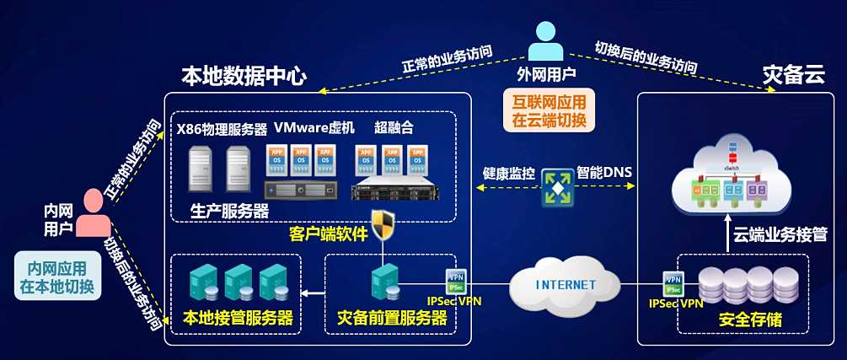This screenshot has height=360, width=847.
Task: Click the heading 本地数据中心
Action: (244, 76)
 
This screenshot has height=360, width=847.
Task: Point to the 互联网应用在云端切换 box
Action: (553, 110)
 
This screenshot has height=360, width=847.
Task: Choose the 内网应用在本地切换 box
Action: (56, 277)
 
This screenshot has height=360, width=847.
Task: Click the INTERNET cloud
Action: (564, 284)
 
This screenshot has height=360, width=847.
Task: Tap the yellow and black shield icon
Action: (383, 225)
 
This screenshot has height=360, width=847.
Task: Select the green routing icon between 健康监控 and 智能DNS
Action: (556, 186)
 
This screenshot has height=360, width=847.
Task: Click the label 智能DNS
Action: (604, 173)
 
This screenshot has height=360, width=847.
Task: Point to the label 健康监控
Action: (509, 173)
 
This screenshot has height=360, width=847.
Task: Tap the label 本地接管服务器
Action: (238, 319)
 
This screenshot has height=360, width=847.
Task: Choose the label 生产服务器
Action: (230, 210)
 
